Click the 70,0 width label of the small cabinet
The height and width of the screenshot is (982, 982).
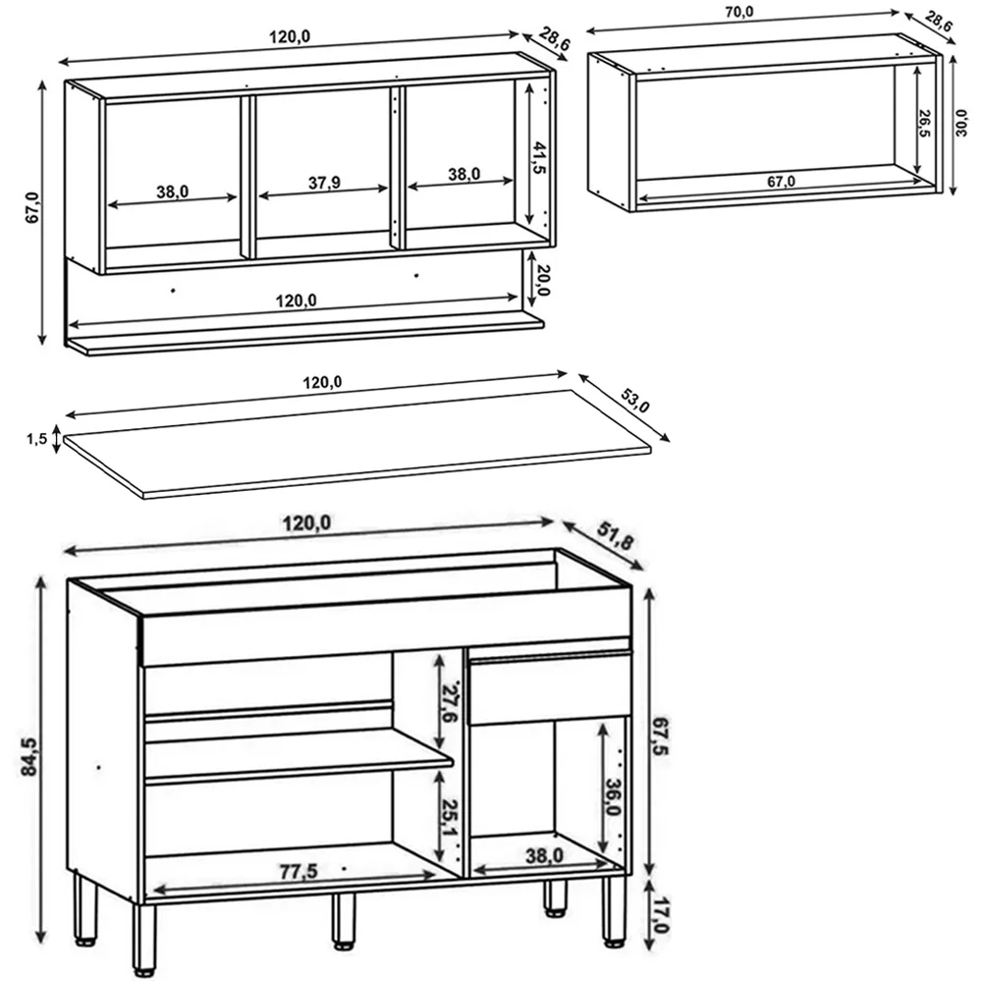(x=739, y=12)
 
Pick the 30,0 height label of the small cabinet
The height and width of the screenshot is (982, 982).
(x=963, y=125)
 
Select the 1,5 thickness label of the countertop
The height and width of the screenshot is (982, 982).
(x=37, y=440)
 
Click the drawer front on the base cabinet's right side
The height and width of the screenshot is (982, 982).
(x=550, y=690)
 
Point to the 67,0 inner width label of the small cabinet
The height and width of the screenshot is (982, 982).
(x=782, y=181)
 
